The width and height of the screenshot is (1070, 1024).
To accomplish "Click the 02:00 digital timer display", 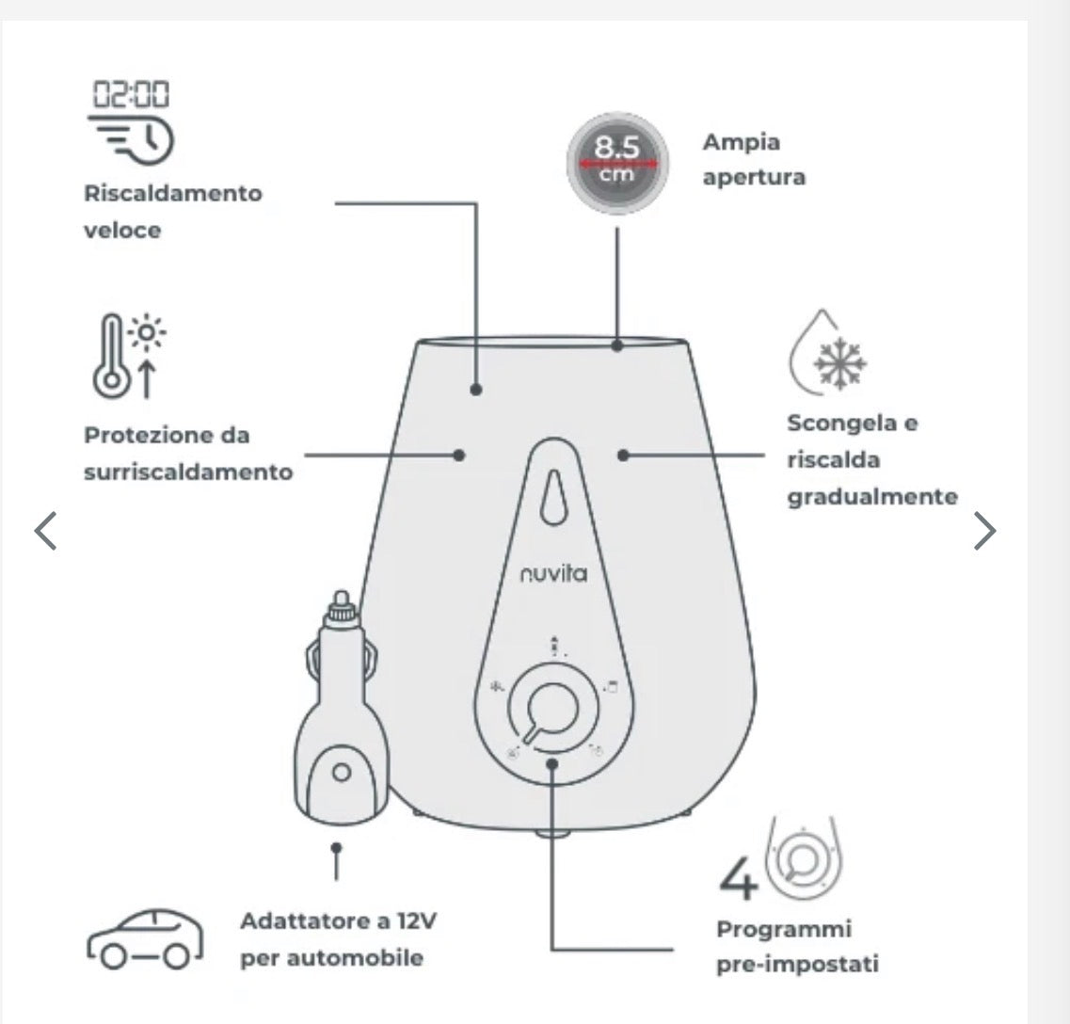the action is tap(131, 94).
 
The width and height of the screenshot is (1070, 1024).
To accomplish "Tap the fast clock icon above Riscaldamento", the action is tap(131, 140).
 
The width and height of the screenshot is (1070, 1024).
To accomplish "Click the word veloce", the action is tap(122, 230).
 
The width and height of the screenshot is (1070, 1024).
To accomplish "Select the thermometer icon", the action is tap(111, 356).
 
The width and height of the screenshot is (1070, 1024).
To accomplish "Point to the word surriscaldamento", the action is tap(188, 472).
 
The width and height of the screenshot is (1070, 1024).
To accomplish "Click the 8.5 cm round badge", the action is tap(617, 163).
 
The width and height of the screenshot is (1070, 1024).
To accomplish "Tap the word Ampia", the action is tap(741, 143).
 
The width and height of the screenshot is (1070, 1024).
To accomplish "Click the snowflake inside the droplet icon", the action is tap(840, 362).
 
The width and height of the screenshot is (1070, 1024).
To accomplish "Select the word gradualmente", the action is tap(872, 497).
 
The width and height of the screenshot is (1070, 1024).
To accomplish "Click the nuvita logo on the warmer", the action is tap(553, 573).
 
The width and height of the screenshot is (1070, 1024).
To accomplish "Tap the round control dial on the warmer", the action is tap(552, 708).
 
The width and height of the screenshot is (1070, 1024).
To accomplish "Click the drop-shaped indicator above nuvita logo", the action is tap(553, 498).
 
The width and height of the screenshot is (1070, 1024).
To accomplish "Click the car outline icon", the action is tap(145, 939).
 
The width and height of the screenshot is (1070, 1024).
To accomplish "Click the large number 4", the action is tap(739, 879).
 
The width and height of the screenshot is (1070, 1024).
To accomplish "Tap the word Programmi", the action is tap(784, 930).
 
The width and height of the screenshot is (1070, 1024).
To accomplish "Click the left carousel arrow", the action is tap(46, 531).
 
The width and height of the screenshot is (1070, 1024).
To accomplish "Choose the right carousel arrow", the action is tap(984, 531).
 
